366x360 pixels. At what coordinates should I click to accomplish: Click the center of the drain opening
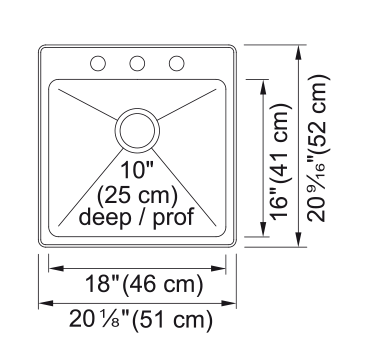click(137, 130)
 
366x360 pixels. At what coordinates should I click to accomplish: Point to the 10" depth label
click(136, 170)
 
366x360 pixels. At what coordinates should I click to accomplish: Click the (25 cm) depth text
click(137, 196)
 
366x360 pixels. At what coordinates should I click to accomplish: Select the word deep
click(105, 217)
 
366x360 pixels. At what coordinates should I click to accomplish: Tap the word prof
click(173, 218)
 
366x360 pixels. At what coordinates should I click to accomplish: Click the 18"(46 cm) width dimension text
click(144, 285)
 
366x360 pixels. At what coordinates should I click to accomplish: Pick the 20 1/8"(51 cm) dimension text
click(141, 320)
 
